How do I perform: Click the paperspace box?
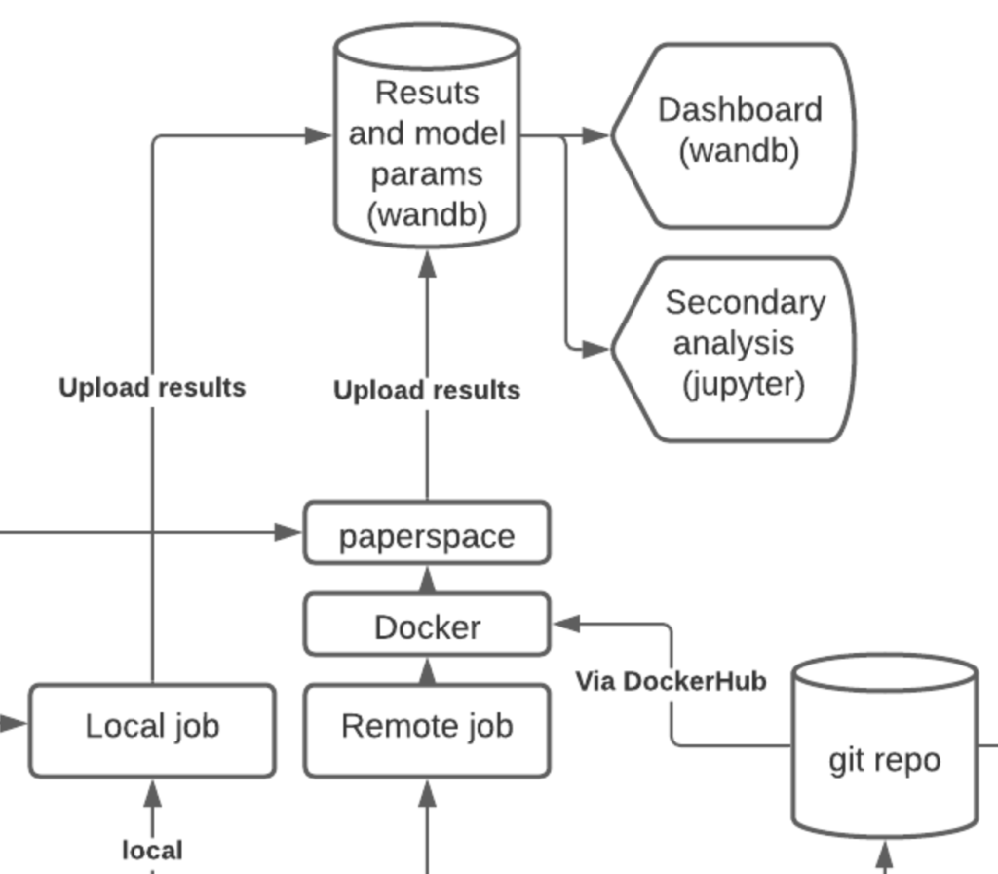pos(426,533)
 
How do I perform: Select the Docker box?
pos(426,626)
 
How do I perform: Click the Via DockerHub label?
pos(671,681)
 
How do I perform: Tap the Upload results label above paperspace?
pos(426,391)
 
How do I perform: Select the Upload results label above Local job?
pos(152,388)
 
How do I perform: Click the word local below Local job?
pos(152,850)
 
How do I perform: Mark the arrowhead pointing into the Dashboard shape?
pos(595,136)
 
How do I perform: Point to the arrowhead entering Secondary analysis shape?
pos(595,349)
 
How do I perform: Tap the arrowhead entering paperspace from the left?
pos(288,532)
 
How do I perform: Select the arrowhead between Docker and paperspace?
pos(426,582)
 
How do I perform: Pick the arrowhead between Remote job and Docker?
pos(426,671)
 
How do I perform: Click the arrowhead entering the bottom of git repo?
pos(884,856)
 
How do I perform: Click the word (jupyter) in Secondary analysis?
pos(743,386)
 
